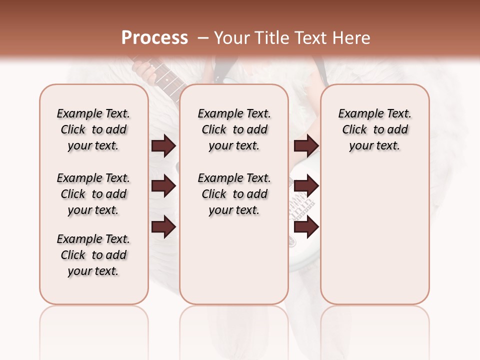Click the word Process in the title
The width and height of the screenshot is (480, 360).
pyautogui.click(x=154, y=38)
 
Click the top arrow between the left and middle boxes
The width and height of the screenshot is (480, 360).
pyautogui.click(x=163, y=146)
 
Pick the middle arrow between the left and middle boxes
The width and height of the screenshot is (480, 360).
pyautogui.click(x=163, y=186)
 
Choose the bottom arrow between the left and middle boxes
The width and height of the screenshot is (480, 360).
pyautogui.click(x=163, y=227)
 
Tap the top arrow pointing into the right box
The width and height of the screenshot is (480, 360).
pyautogui.click(x=306, y=146)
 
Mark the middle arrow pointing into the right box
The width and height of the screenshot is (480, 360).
pyautogui.click(x=306, y=186)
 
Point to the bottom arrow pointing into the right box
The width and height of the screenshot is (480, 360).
pyautogui.click(x=306, y=227)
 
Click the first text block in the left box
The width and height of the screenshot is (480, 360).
pyautogui.click(x=93, y=129)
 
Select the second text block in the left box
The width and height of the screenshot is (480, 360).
pyautogui.click(x=93, y=194)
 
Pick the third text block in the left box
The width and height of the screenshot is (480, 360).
pyautogui.click(x=93, y=255)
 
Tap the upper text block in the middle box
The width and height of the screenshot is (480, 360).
pyautogui.click(x=234, y=129)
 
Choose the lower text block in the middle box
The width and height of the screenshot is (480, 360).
pyautogui.click(x=234, y=194)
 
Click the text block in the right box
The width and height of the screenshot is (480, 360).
pyautogui.click(x=374, y=129)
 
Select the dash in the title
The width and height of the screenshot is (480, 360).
pyautogui.click(x=203, y=38)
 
